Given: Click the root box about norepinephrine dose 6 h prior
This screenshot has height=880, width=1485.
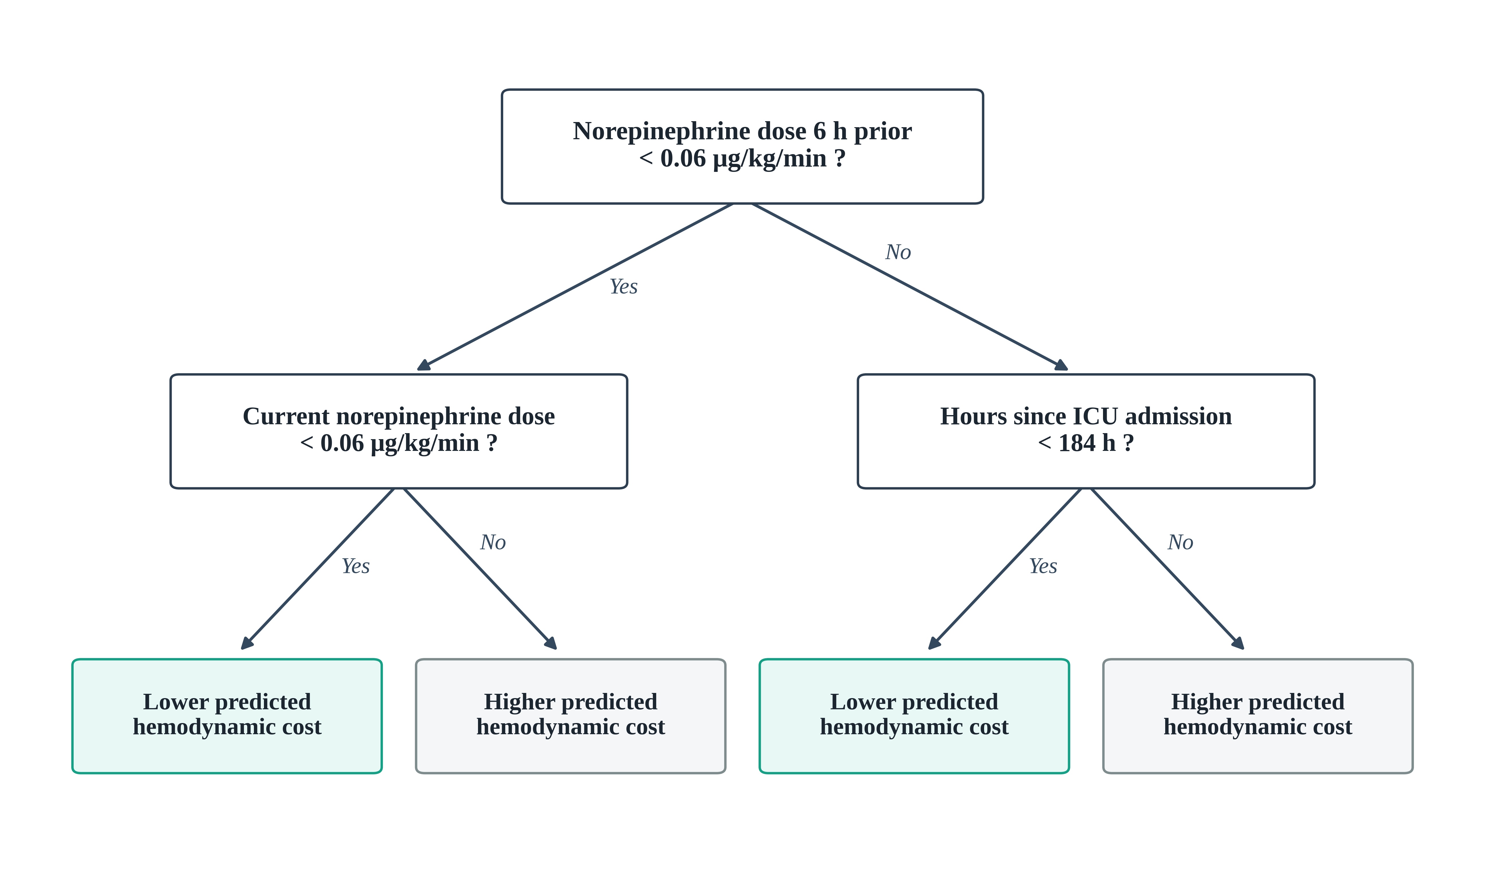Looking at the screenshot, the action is (x=742, y=146).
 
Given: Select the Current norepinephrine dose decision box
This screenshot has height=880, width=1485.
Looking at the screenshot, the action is (x=399, y=431).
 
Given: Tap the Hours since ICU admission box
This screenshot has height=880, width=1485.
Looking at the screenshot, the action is (x=1086, y=431).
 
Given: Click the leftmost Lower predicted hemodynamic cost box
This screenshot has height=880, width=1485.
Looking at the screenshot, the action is (x=227, y=716).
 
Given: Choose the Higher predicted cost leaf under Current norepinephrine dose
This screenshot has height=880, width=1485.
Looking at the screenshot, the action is (x=571, y=716).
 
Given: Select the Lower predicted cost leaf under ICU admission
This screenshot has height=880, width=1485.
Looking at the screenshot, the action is (x=914, y=716).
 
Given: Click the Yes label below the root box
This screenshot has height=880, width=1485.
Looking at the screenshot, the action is (x=624, y=286).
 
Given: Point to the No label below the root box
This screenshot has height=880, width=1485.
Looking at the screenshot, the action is (x=898, y=252).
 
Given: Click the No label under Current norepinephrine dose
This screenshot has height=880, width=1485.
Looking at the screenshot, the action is (x=493, y=542).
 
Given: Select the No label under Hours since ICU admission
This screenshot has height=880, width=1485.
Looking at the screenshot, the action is (x=1180, y=542).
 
